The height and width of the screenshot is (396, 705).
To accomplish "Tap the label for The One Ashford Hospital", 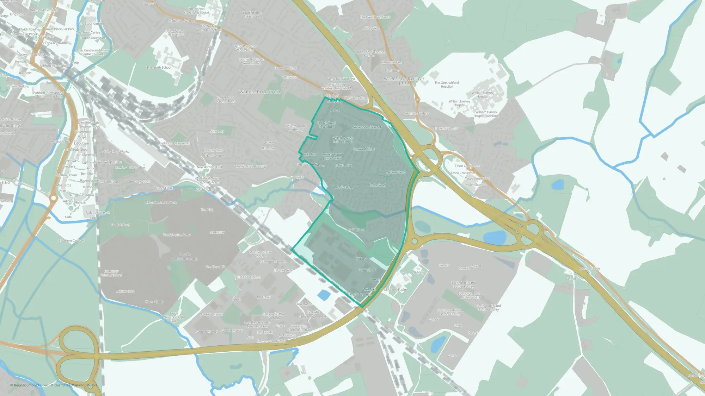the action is click(447, 84).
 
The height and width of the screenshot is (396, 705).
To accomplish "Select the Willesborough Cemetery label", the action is click(296, 128).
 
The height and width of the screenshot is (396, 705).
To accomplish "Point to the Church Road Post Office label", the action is click(326, 125).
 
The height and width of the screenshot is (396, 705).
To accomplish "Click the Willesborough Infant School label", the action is click(343, 140).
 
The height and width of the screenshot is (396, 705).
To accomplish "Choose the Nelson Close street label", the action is click(396, 172).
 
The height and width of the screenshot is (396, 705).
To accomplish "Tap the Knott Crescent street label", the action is click(342, 187).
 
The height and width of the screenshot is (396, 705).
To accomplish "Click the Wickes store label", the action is click(361, 259).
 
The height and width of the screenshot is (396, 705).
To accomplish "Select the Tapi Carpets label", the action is click(367, 270).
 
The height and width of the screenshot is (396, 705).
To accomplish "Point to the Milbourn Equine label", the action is click(396, 290).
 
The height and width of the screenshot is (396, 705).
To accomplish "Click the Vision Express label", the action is click(476, 184).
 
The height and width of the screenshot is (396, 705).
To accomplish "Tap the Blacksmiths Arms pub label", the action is click(446, 128).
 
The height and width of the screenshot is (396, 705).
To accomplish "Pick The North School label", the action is click(159, 68).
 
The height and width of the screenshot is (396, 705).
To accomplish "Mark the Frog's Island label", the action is click(120, 225).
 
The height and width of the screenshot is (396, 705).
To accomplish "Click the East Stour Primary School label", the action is click(111, 273).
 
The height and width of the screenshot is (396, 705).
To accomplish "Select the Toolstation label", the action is click(304, 304).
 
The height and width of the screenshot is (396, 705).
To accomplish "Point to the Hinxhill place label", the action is click(607, 21).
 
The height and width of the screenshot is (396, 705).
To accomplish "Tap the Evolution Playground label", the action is click(174, 143).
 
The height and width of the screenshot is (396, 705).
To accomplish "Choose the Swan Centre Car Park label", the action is click(161, 202).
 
